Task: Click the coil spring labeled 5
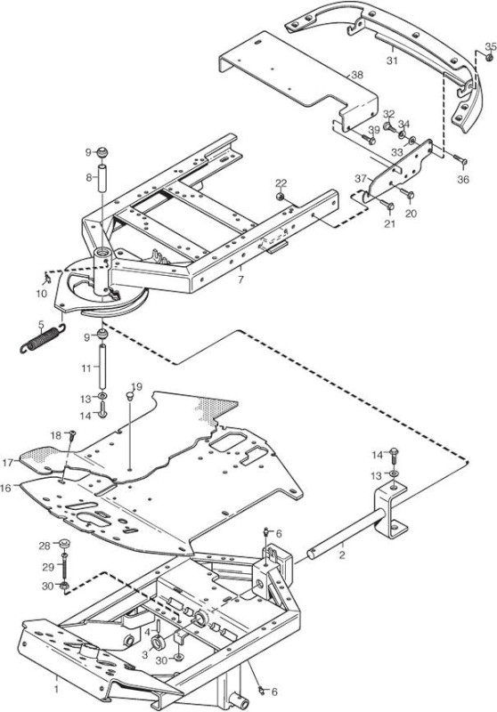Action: [x=42, y=339]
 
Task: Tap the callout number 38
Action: [x=357, y=75]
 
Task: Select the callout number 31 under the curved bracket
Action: [x=392, y=60]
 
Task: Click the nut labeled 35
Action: [x=489, y=58]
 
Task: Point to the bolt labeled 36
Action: [x=460, y=159]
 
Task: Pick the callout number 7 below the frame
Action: [x=240, y=279]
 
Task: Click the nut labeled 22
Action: [x=281, y=196]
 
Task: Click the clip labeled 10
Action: [x=47, y=277]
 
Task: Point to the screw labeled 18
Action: [x=72, y=435]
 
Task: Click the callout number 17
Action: [x=8, y=463]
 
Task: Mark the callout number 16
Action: [x=7, y=489]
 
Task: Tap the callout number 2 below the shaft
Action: [x=342, y=554]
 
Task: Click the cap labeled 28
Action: [x=64, y=543]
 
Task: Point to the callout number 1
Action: [x=56, y=689]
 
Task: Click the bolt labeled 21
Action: [x=387, y=206]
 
